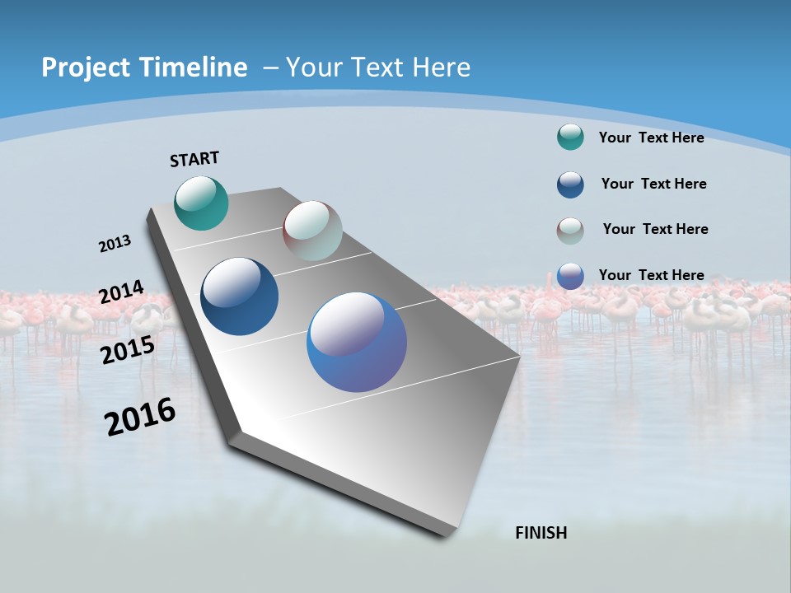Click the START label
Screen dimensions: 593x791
coord(194,159)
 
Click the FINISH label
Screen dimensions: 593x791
coord(541,533)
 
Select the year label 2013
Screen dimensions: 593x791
coord(115,244)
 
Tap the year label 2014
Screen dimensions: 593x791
coord(121,292)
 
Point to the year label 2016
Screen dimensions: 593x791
coord(140,417)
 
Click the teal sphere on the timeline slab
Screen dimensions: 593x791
coord(201,203)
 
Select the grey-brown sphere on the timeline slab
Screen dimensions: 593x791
coord(312,231)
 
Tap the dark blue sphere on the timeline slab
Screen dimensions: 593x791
coord(240,296)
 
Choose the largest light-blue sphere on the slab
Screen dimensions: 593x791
coord(357,342)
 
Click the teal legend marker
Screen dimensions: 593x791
coord(570,137)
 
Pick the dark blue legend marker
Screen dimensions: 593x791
coord(570,184)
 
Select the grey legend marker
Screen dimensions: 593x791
coord(570,230)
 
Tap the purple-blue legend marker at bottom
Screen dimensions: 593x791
coord(570,276)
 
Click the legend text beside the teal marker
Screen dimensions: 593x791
coord(651,138)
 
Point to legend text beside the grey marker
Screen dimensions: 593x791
coord(655,229)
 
